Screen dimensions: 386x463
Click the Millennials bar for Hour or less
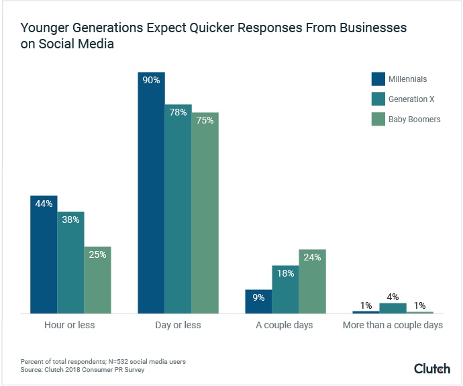click(x=44, y=255)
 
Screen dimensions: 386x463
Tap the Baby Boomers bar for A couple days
click(x=312, y=282)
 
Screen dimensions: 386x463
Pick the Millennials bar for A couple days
click(x=258, y=302)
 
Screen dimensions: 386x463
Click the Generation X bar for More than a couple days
click(x=393, y=308)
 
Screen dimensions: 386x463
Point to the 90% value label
click(x=151, y=81)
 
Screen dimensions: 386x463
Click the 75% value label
click(x=205, y=121)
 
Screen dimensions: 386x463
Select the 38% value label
click(x=70, y=220)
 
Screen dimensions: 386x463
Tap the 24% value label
click(x=312, y=258)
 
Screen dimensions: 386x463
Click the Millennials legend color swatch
click(x=378, y=79)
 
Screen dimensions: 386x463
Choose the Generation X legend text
click(x=411, y=99)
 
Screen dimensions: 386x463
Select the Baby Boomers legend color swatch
click(x=378, y=119)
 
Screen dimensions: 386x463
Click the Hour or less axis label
click(x=70, y=326)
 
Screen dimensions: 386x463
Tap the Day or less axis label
click(x=178, y=326)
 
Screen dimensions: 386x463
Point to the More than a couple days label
click(x=393, y=326)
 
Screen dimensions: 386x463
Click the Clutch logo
click(x=432, y=369)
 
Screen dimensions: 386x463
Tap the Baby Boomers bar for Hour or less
click(x=97, y=280)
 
